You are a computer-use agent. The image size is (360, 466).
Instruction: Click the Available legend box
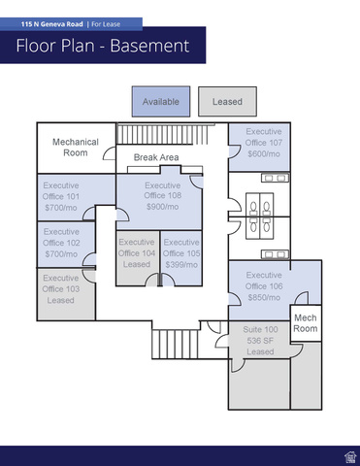pos(161,101)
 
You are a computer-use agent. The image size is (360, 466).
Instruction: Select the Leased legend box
pos(227,101)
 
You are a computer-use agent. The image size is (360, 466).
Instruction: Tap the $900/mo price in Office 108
pos(162,207)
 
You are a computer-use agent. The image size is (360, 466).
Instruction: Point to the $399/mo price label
pos(181,265)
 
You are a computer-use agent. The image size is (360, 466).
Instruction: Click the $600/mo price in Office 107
pos(264,154)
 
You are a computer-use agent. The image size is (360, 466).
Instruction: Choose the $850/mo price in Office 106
pos(264,297)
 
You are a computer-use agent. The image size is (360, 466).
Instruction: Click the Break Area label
pos(156,157)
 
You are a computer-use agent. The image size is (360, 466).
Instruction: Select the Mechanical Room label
pos(76,148)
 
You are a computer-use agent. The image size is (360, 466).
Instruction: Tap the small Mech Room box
pos(306,323)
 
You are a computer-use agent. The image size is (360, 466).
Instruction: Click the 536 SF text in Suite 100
pos(260,341)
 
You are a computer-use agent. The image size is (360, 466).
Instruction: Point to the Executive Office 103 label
pos(61,289)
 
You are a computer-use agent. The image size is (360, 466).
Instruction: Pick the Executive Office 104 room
pos(138,258)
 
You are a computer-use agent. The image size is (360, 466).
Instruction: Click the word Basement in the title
pos(149,46)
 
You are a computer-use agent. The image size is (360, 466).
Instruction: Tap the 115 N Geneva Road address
pos(52,24)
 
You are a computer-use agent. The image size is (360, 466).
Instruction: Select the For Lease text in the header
pos(106,24)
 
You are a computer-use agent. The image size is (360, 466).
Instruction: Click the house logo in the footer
pos(350,457)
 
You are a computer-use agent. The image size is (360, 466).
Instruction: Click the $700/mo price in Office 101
pos(61,208)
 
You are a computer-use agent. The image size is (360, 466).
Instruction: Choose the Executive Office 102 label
pos(61,243)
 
